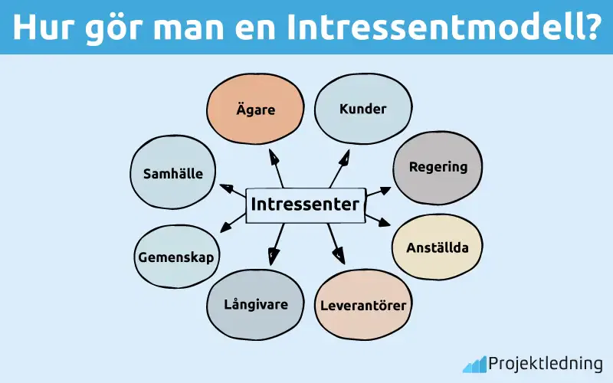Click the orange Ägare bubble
[x=256, y=110]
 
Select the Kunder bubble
[x=362, y=109]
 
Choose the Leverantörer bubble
[x=362, y=305]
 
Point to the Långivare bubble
[x=255, y=304]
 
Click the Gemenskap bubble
[x=175, y=256]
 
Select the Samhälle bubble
[x=173, y=173]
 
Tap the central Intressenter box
[x=304, y=205]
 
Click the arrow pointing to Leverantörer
[x=335, y=243]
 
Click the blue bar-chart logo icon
[x=474, y=363]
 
